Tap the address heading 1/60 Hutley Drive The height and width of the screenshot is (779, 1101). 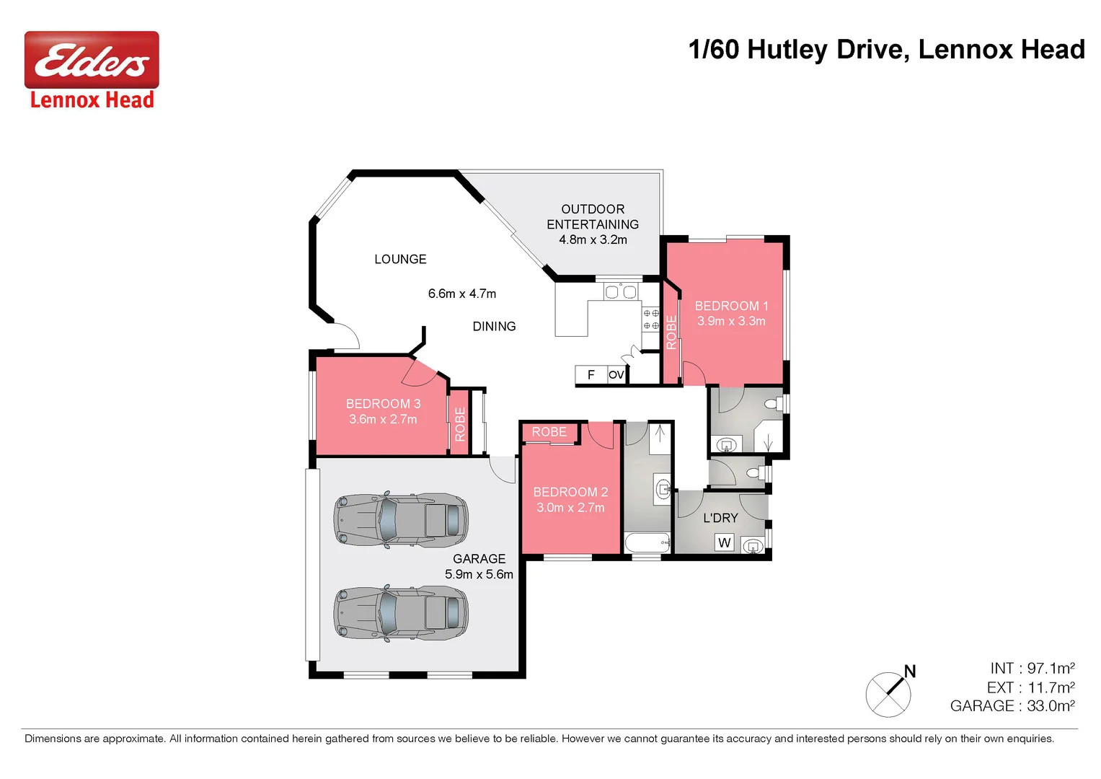point(885,50)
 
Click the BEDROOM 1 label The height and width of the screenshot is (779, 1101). point(731,306)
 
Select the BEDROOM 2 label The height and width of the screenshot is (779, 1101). point(570,492)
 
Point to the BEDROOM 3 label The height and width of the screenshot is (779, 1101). point(383,404)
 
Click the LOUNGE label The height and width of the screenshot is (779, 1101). point(400,259)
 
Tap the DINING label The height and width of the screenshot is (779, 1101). point(494,327)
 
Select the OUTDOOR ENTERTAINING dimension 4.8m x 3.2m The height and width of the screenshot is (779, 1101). point(593,239)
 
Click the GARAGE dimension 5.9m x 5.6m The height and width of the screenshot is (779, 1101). point(479,574)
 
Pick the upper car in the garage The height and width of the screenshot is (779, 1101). point(401,519)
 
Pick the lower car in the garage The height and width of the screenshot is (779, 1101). point(401,612)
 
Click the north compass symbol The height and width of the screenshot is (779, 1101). point(889,692)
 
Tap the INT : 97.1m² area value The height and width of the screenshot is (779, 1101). point(1032,669)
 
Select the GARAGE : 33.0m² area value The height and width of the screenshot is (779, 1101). point(1012,706)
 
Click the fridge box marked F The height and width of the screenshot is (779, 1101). point(591,375)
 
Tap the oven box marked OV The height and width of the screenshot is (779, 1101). point(616,375)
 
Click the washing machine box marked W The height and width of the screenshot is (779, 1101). point(725,542)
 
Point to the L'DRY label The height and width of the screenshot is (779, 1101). point(720,518)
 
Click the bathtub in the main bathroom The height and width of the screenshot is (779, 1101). point(647,543)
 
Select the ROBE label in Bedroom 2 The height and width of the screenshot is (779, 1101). point(549,432)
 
